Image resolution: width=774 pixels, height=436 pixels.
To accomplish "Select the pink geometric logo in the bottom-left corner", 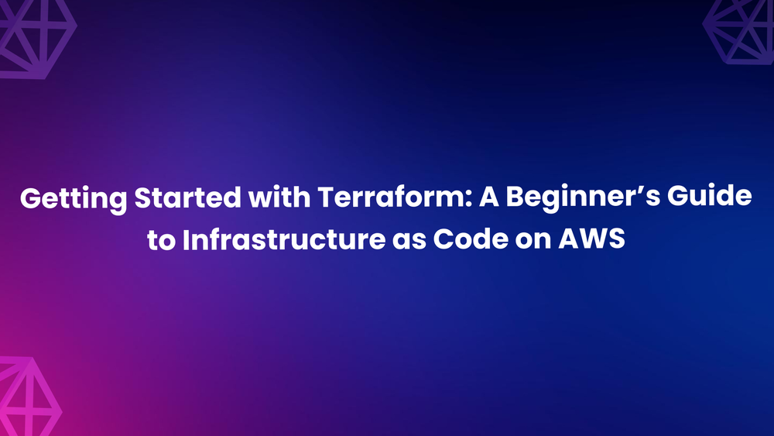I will click(x=27, y=399).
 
